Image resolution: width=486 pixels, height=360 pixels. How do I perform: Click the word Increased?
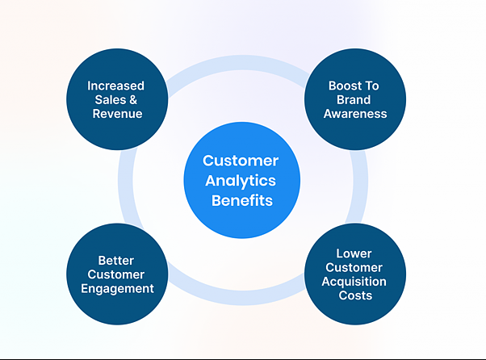(x=115, y=86)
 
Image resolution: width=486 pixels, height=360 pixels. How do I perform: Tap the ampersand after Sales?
(x=133, y=100)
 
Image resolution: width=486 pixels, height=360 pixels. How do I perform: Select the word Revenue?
(x=117, y=114)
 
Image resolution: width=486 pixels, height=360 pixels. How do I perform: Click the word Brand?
(x=354, y=100)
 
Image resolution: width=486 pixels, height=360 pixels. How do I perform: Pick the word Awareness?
(x=355, y=114)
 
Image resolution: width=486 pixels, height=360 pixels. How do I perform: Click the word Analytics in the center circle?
(x=241, y=182)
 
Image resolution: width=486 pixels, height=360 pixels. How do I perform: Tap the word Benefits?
(x=242, y=200)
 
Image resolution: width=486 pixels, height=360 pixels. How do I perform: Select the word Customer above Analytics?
(x=241, y=161)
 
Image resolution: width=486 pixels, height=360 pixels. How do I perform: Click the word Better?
(x=116, y=261)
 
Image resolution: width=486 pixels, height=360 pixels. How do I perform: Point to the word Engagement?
(x=117, y=289)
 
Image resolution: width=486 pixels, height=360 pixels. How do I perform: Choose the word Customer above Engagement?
(x=116, y=274)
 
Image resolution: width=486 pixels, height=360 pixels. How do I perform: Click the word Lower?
(x=354, y=253)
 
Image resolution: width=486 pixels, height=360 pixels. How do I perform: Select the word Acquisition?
(x=354, y=282)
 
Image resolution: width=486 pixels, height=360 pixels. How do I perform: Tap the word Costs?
(x=355, y=295)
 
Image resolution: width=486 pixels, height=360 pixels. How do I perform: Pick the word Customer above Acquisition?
(x=354, y=268)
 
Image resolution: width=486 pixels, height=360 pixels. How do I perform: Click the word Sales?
(x=111, y=100)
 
